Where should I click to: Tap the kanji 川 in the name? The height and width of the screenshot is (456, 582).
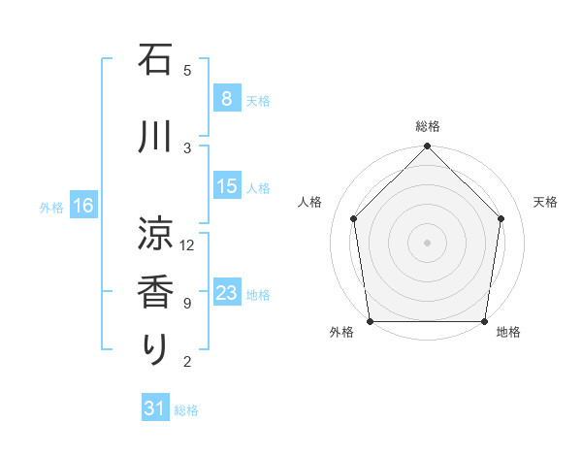[x=156, y=137]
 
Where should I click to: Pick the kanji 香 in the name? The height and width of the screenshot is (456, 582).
[x=156, y=292]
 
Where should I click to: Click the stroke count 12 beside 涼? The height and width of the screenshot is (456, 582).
[x=187, y=245]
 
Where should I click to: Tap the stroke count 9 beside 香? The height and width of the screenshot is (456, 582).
[x=187, y=303]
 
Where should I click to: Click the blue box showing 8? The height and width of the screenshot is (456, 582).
[x=226, y=98]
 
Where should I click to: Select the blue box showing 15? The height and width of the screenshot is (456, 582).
[x=226, y=186]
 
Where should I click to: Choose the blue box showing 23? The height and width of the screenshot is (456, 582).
[x=226, y=293]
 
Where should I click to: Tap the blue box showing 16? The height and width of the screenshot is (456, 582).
[x=82, y=205]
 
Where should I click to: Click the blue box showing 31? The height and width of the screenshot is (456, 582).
[x=155, y=408]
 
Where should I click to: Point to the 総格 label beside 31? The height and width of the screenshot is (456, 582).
[x=186, y=410]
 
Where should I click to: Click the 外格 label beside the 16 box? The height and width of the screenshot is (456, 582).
[x=50, y=207]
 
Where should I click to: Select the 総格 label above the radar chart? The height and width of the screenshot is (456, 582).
[x=427, y=126]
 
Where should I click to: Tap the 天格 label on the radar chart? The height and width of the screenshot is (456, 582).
[x=546, y=202]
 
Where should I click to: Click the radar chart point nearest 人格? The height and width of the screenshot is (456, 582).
[x=353, y=218]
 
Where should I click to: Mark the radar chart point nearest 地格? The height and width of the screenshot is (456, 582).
[x=484, y=321]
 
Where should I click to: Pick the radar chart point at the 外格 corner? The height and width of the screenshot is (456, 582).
[x=371, y=321]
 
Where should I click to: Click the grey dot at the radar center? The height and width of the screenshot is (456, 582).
[x=427, y=242]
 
